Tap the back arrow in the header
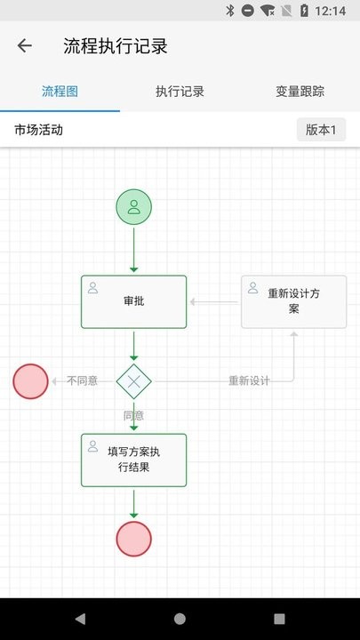point(25,45)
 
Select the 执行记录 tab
point(180,92)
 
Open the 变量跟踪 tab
point(300,92)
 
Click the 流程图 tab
point(60,92)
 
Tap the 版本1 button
point(321,130)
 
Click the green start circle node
point(134,206)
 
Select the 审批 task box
point(134,301)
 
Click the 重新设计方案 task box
point(294,301)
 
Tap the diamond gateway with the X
point(134,381)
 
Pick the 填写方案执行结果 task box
point(134,460)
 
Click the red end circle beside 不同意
point(30,381)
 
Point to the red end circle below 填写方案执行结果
point(134,539)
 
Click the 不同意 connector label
point(82,380)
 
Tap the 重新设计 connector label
point(249,380)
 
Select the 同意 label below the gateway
point(134,415)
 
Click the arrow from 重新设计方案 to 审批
point(214,302)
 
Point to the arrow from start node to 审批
point(134,250)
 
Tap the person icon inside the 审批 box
point(93,288)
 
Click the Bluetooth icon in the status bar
point(230,11)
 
